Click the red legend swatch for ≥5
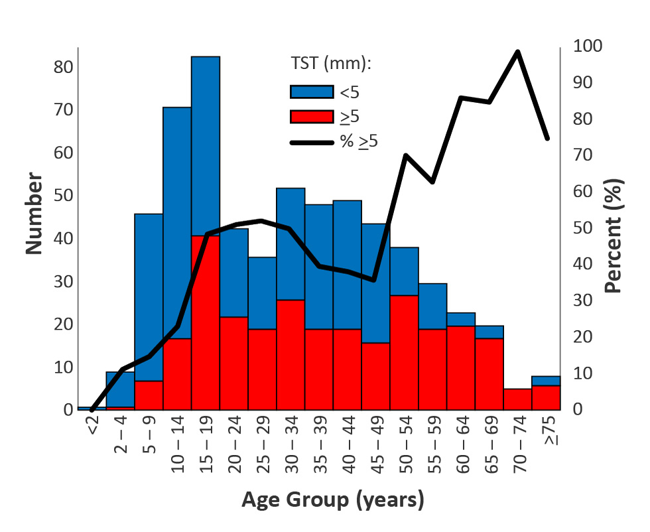pyautogui.click(x=311, y=115)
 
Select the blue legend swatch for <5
pyautogui.click(x=311, y=92)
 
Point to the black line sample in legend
pyautogui.click(x=311, y=141)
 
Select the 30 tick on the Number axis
pyautogui.click(x=64, y=282)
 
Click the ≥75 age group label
pyautogui.click(x=549, y=432)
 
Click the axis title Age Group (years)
pyautogui.click(x=332, y=499)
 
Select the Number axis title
pyautogui.click(x=34, y=214)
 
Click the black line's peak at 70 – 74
pyautogui.click(x=518, y=52)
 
